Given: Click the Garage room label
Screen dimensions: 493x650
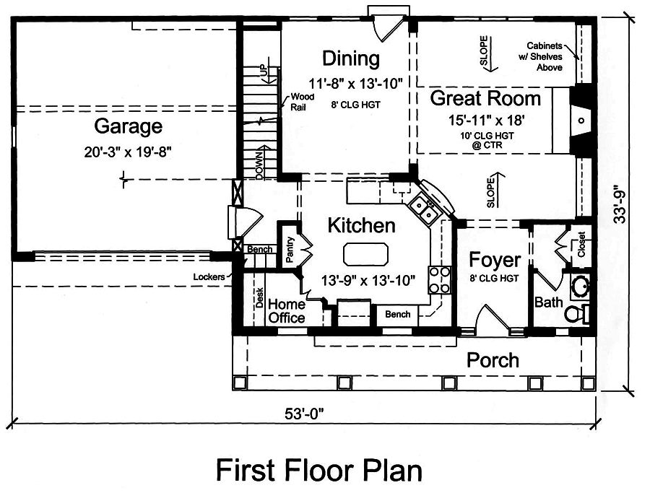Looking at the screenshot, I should point(128,127).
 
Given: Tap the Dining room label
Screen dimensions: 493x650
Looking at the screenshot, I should point(351,58).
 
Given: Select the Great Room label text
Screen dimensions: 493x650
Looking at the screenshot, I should point(485,99).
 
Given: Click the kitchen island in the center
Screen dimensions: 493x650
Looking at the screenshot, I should point(366,255).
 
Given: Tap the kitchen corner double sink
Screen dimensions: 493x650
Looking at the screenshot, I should point(424,209).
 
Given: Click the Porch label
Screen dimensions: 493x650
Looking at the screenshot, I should point(492,359).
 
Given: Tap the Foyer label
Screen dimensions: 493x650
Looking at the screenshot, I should point(495,260).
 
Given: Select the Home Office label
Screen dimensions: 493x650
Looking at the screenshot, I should point(287,310).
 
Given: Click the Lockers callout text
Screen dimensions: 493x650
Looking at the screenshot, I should point(208,276).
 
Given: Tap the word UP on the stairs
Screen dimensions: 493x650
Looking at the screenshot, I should point(264,72).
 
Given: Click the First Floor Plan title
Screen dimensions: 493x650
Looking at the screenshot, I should point(318,470).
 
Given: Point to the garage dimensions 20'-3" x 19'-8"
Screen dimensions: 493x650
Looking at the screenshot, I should point(128,152).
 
